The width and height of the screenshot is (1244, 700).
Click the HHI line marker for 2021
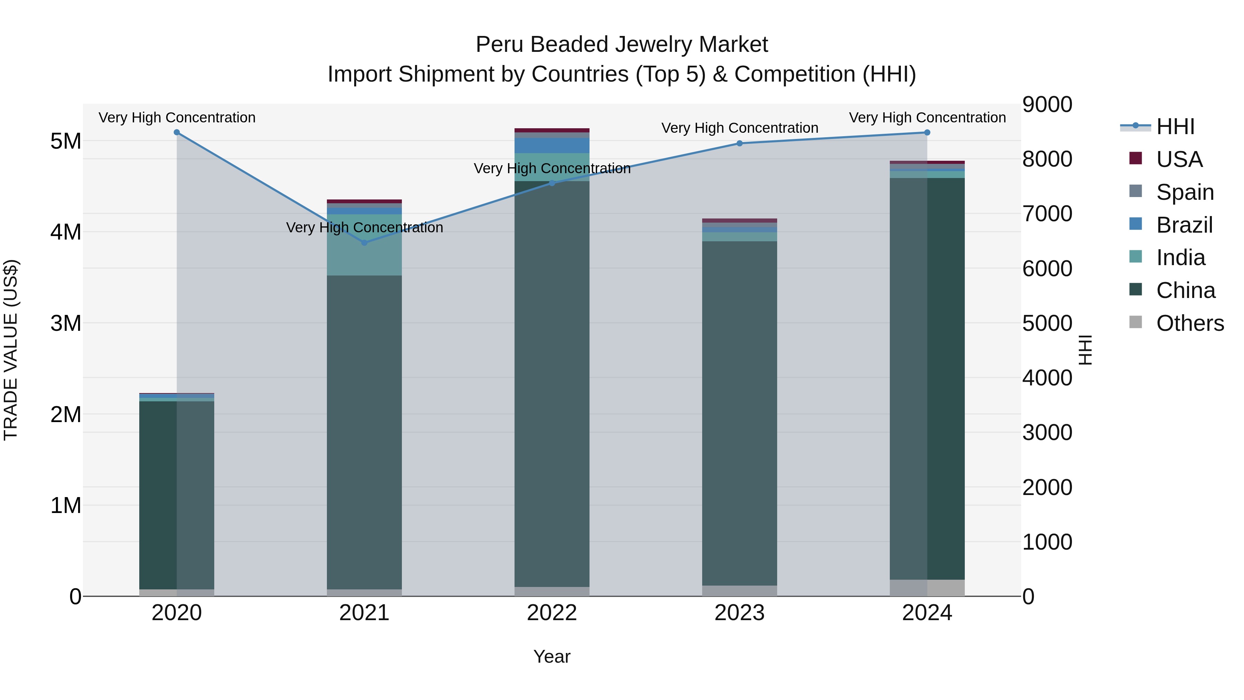pos(365,243)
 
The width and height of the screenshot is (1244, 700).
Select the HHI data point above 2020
pos(177,132)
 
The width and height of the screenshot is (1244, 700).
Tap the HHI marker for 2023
pos(739,143)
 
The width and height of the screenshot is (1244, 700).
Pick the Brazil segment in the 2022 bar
pos(552,146)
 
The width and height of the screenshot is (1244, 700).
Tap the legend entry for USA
pos(1179,159)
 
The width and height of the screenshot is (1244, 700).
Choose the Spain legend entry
pos(1185,192)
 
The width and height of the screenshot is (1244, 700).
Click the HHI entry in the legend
pos(1175,127)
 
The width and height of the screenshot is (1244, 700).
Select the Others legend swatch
pos(1136,322)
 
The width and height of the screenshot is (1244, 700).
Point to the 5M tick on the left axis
pos(66,141)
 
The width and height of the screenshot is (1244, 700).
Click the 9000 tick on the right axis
pos(1047,104)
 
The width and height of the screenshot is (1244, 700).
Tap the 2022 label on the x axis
pos(552,613)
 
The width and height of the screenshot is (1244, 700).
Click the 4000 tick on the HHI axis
pos(1047,378)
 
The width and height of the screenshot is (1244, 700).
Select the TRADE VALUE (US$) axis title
pos(11,350)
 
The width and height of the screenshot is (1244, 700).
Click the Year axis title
pos(552,656)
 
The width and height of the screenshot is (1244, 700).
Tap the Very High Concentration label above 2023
pos(739,128)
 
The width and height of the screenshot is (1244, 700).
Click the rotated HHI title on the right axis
pos(1085,350)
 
